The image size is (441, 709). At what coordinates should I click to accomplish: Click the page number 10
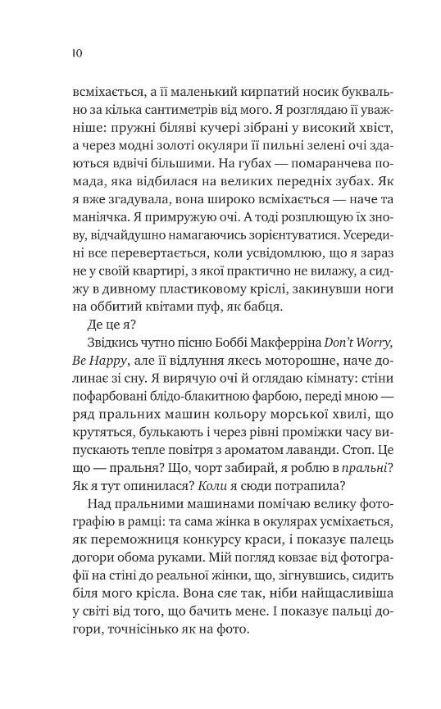[x=76, y=52]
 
